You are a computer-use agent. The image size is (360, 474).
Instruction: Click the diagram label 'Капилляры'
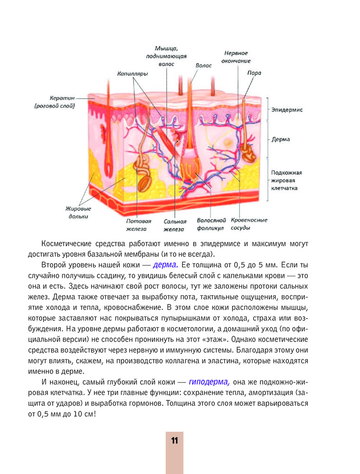[x=133, y=74]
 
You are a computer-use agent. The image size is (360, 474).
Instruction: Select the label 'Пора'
[x=254, y=73]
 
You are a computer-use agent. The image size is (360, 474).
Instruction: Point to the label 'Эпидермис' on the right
[x=287, y=109]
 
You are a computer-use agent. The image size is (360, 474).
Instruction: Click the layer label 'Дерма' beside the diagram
[x=281, y=140]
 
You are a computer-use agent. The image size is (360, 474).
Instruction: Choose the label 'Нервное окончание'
[x=236, y=57]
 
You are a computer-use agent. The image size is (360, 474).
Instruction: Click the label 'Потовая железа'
[x=138, y=225]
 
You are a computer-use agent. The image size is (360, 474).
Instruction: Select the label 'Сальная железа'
[x=175, y=225]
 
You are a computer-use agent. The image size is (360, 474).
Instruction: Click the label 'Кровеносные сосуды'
[x=249, y=224]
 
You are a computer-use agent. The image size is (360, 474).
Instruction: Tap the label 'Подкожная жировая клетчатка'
[x=286, y=180]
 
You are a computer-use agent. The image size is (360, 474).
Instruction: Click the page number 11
[x=174, y=440]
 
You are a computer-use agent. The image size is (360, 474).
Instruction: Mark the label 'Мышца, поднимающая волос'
[x=166, y=55]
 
